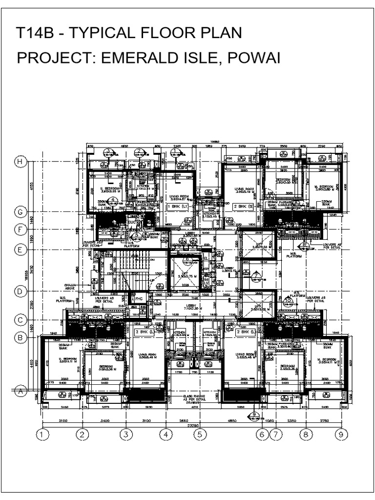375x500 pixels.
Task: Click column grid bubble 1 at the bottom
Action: (43, 434)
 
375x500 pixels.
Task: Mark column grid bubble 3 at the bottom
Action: (126, 434)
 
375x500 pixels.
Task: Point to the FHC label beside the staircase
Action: (139, 298)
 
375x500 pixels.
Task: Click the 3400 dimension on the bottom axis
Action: (104, 420)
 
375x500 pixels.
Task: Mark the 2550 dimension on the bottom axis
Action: (182, 420)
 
